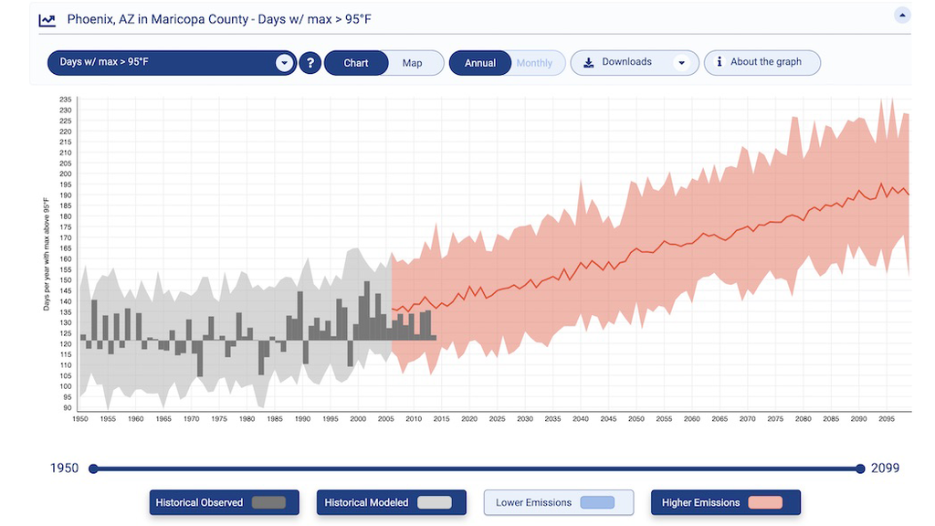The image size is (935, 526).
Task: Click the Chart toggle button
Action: (x=356, y=63)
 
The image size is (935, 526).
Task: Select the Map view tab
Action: (x=413, y=63)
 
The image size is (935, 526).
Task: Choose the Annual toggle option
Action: (x=480, y=63)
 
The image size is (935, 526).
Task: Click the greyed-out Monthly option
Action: (x=534, y=63)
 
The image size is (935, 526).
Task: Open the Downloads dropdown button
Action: (x=635, y=62)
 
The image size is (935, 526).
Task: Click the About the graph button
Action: (x=762, y=62)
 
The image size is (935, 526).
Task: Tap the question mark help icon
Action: (x=310, y=63)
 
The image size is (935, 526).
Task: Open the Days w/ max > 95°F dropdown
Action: (x=172, y=62)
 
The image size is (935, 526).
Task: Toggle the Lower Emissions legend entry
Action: (x=559, y=502)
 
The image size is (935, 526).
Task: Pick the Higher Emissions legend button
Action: (x=725, y=502)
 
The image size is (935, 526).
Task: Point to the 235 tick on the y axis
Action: (x=66, y=99)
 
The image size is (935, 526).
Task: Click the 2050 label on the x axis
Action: (x=636, y=419)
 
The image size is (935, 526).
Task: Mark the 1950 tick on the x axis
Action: (x=80, y=419)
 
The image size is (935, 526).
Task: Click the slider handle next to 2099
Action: (x=860, y=468)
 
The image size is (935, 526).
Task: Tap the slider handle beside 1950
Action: (x=92, y=468)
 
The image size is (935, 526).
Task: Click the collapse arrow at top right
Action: (x=901, y=16)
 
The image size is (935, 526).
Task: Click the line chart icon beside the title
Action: (x=47, y=19)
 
